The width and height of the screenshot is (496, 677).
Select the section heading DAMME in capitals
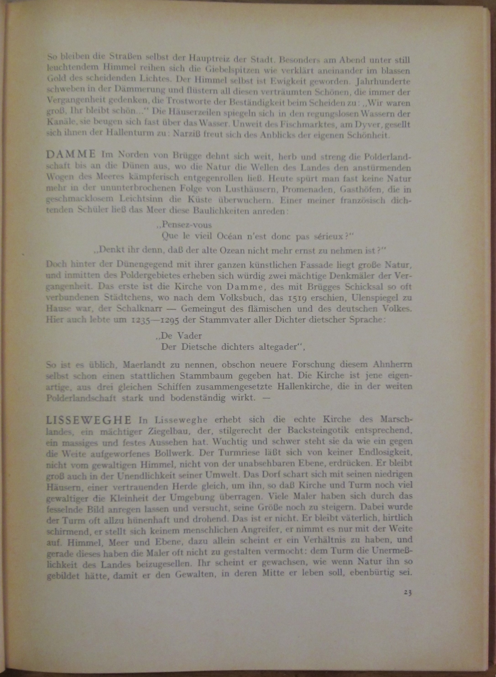71,155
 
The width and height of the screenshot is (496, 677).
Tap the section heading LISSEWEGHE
89,419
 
